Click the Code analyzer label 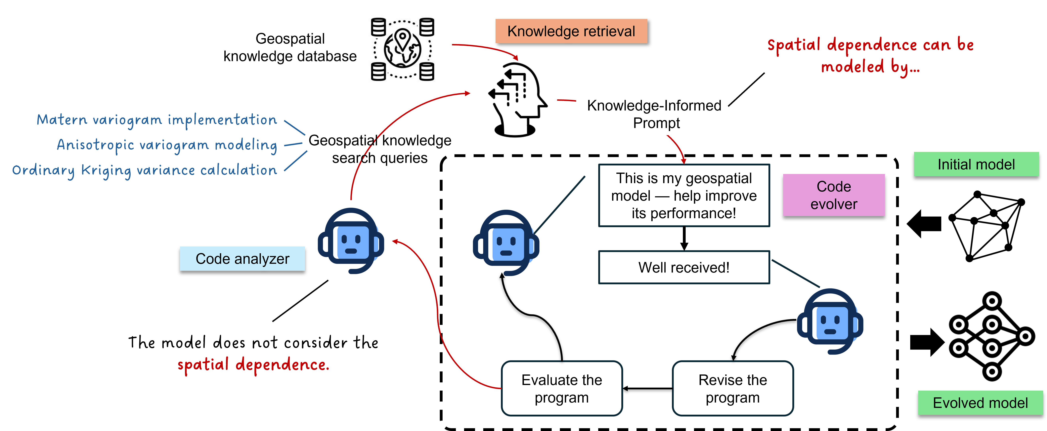pyautogui.click(x=242, y=259)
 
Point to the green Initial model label pyautogui.click(x=976, y=164)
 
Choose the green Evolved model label pyautogui.click(x=980, y=403)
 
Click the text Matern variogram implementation pyautogui.click(x=157, y=120)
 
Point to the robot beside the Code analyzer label pyautogui.click(x=351, y=241)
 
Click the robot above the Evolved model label pyautogui.click(x=830, y=321)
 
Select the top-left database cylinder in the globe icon pyautogui.click(x=378, y=27)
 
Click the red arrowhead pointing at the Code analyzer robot pyautogui.click(x=395, y=242)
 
